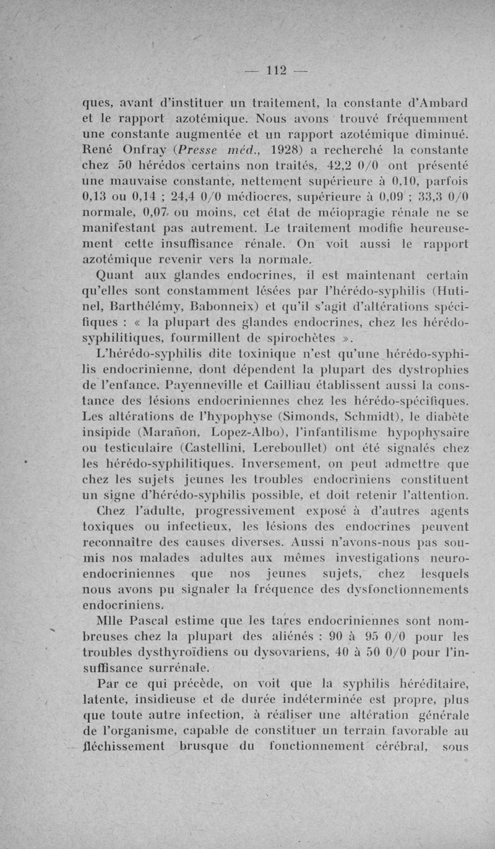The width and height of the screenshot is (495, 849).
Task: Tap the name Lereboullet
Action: click(x=313, y=450)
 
